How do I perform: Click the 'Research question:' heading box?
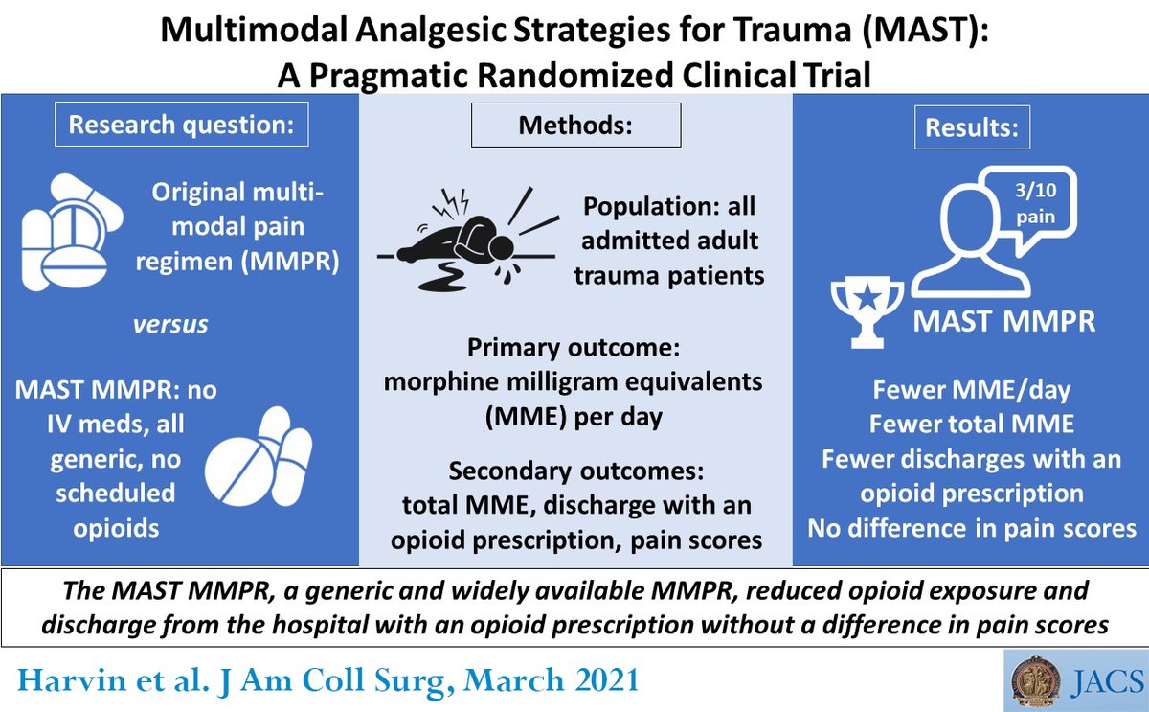click(x=182, y=126)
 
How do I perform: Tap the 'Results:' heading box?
click(x=972, y=127)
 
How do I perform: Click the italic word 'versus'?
click(x=169, y=324)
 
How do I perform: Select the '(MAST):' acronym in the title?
click(x=918, y=31)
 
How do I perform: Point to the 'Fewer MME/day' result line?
click(x=971, y=391)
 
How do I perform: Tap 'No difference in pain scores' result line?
click(x=971, y=528)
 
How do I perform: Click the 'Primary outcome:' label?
click(x=574, y=346)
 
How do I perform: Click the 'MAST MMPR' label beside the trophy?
click(x=1003, y=319)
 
